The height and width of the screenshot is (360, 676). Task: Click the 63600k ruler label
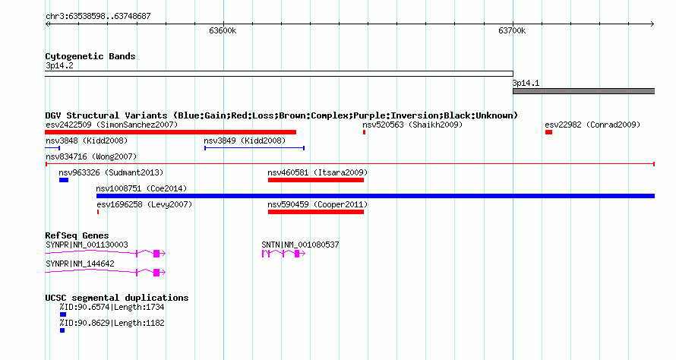coord(223,31)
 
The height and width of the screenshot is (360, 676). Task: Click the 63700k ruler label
coord(512,31)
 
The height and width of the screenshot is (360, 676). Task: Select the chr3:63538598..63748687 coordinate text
coord(98,17)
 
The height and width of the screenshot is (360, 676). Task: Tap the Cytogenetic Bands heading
coord(90,56)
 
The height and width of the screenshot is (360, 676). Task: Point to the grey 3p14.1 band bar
coord(584,91)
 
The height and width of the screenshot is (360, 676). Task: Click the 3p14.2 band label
coord(59,66)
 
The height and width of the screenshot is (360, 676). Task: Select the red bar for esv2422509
coord(171,132)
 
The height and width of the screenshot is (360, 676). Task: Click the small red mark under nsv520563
coord(365,132)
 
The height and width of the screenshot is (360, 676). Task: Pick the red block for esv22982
coord(549,132)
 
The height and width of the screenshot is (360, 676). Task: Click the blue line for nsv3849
coord(254,148)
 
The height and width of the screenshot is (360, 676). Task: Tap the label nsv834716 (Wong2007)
coord(91,157)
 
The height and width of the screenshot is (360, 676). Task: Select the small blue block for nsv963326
coord(64,180)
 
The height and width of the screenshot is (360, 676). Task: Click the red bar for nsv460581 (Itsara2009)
coord(316,180)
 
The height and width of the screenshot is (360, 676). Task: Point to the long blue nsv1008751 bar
coord(375,196)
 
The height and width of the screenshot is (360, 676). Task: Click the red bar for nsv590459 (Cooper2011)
coord(316,212)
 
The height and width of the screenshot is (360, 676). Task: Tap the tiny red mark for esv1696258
coord(98,212)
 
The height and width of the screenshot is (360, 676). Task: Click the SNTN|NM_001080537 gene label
coord(300,245)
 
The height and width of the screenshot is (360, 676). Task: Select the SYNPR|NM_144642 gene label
coord(81,264)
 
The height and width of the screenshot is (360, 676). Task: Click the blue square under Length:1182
coord(62,330)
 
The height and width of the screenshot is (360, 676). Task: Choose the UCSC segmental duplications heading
coord(117,298)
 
